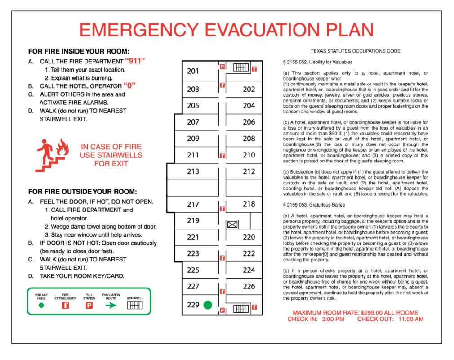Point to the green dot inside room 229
pos(207,305)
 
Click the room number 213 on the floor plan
pos(193,171)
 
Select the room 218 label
pos(249,204)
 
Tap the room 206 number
pos(249,122)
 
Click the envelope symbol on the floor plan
pos(232,224)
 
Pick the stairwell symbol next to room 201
pos(240,67)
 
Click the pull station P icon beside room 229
pos(222,310)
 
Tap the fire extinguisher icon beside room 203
pos(222,85)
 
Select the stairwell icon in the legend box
pos(135,305)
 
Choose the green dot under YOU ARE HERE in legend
pos(41,305)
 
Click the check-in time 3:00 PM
pos(333,319)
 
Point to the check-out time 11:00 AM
pos(409,319)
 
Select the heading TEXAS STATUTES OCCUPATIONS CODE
pos(355,51)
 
